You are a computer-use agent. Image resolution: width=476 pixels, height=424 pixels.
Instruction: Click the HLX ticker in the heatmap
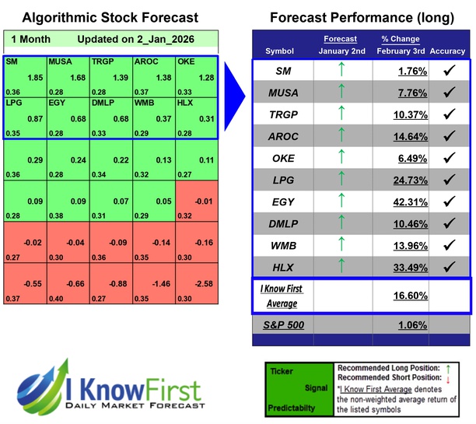pos(184,103)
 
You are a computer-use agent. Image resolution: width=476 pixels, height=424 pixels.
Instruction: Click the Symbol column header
pos(280,51)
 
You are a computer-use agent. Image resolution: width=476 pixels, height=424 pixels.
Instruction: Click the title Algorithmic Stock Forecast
pos(110,17)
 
